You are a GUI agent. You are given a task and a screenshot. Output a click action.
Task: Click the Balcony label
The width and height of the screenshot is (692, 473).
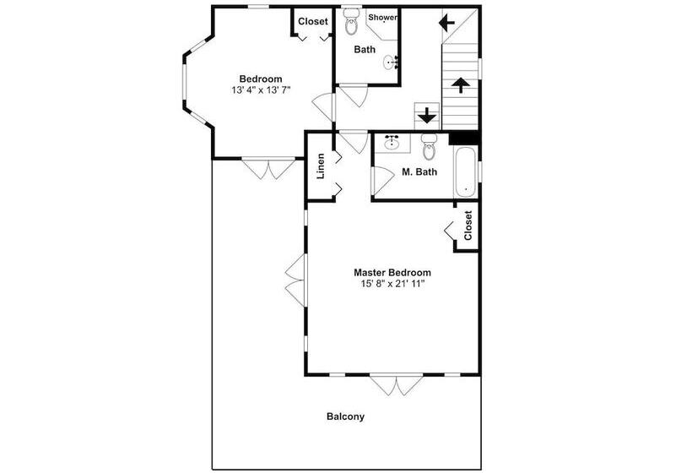coord(345,416)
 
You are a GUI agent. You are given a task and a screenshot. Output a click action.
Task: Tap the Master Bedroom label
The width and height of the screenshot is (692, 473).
coord(392,273)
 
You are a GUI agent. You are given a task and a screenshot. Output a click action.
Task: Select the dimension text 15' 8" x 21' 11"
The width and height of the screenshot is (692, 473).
coord(392,284)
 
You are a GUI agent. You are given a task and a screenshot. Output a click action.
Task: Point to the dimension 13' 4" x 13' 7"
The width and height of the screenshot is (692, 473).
coord(261,90)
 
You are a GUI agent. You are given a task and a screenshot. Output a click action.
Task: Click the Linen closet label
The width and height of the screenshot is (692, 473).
coord(321,166)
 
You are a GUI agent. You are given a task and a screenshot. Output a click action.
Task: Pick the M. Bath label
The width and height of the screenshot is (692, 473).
coord(419,171)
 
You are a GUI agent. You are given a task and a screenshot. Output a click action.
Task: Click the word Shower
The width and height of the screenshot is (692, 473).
coord(382,18)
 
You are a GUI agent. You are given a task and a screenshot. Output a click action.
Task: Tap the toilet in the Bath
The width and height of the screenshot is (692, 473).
coord(351,21)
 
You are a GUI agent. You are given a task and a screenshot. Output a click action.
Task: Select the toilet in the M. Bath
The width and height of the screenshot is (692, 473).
coord(429,147)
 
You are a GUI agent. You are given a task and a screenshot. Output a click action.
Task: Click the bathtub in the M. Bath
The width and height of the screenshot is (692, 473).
coord(466,172)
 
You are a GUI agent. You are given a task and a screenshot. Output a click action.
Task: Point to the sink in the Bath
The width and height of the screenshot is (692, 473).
coord(391,63)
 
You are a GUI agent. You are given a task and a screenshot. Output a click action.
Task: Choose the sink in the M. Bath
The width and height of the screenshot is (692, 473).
coord(392,142)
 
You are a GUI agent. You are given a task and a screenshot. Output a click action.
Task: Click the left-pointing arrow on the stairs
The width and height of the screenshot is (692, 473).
coord(446,23)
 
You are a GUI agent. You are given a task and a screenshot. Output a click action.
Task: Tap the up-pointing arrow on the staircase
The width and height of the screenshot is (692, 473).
coord(460,85)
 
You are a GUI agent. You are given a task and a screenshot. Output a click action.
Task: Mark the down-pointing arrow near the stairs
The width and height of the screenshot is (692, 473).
coord(427,116)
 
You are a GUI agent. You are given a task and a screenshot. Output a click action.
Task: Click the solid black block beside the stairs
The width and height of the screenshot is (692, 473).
coord(463,138)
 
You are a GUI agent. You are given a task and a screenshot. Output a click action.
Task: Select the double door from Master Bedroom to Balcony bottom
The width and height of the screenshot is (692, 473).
coord(397,384)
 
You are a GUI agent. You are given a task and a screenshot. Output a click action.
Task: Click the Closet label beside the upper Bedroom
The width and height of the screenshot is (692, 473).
coord(313,21)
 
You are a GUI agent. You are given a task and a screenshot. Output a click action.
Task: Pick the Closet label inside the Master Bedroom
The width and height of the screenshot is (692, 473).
coord(468,226)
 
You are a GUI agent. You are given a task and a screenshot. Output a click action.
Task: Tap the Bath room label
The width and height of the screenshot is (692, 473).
coord(365,50)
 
